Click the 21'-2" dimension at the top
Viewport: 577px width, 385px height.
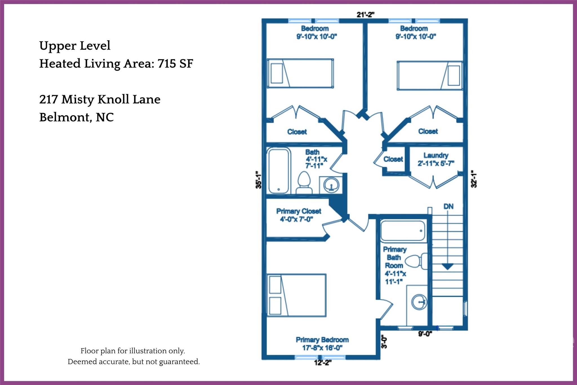(x=365, y=15)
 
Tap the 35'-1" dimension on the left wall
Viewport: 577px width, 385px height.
(x=258, y=180)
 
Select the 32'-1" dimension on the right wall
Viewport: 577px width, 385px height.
(x=474, y=179)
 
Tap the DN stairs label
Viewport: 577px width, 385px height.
(x=448, y=206)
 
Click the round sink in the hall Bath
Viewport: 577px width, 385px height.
(x=331, y=185)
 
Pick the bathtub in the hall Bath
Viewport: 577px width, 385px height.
(x=279, y=171)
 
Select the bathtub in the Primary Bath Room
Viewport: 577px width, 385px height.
(x=403, y=231)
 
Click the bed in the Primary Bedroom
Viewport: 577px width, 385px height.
(x=296, y=295)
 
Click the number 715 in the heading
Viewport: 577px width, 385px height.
(x=167, y=64)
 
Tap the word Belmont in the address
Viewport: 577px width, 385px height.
(x=65, y=117)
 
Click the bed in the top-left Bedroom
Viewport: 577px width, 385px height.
(x=300, y=73)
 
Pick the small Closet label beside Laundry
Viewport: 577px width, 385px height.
(x=393, y=159)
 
